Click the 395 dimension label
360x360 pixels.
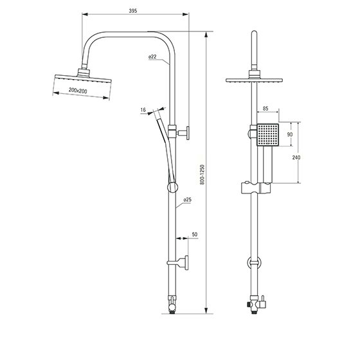133,11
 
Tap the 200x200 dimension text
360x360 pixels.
78,91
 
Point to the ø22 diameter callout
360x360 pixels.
152,57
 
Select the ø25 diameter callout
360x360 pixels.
187,200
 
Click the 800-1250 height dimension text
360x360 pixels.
202,174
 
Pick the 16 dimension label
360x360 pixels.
143,110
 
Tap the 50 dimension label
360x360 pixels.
194,235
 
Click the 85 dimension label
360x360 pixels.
265,109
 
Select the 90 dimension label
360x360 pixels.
290,134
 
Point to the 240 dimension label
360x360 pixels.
296,157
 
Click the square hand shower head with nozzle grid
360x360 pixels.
267,135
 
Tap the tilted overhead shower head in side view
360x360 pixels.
83,78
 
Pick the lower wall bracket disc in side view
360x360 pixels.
186,263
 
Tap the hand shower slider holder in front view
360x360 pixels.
256,188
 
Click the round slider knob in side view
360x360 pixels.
172,187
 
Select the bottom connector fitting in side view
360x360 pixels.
172,305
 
